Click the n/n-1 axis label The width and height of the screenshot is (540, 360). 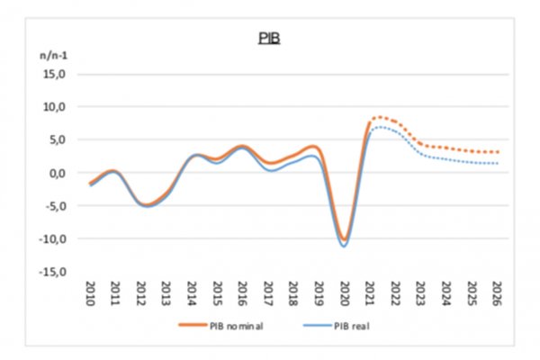click(50, 56)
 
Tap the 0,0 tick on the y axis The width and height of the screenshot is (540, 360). click(57, 173)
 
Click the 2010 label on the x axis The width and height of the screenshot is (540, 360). click(90, 292)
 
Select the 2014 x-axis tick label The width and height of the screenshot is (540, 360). click(192, 292)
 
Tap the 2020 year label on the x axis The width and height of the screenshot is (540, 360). click(344, 292)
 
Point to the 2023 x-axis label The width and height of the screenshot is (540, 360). click(420, 292)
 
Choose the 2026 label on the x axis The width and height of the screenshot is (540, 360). click(496, 292)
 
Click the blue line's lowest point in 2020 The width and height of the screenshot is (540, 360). click(344, 247)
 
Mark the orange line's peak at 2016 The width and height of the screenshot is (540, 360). click(242, 146)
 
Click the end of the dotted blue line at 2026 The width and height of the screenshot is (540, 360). click(497, 163)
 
